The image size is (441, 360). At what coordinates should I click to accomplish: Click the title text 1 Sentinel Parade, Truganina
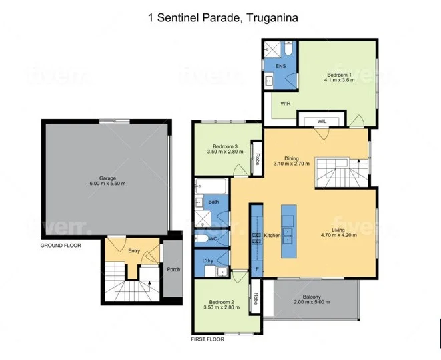point(220,17)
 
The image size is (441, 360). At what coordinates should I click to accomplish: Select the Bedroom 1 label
point(338,74)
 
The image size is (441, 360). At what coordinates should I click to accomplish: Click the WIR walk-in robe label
point(285,104)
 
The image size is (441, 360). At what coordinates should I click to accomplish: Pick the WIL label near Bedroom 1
point(321,121)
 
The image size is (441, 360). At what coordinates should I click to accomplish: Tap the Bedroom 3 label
point(225,146)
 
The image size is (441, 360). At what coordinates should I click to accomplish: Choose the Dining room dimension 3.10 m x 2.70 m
point(292,164)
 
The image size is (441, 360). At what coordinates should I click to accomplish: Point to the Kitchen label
point(272,236)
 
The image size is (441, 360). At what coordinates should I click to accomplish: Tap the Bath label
point(213,201)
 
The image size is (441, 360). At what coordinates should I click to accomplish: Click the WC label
point(213,238)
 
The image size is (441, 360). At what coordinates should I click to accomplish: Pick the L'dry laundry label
point(207,260)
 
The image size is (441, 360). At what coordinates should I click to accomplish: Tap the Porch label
point(173,270)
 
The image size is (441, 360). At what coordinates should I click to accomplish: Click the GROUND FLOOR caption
point(61,246)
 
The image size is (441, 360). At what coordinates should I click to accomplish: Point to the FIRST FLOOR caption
point(207,339)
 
